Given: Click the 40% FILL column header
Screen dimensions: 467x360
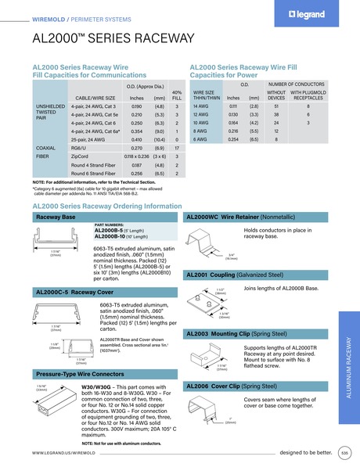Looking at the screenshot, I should click(x=177, y=94).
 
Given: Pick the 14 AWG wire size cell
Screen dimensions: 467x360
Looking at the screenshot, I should click(x=201, y=105).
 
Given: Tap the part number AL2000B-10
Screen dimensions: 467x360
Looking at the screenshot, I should click(x=109, y=235).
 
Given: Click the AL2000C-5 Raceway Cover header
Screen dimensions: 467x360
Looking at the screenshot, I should click(x=70, y=292).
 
